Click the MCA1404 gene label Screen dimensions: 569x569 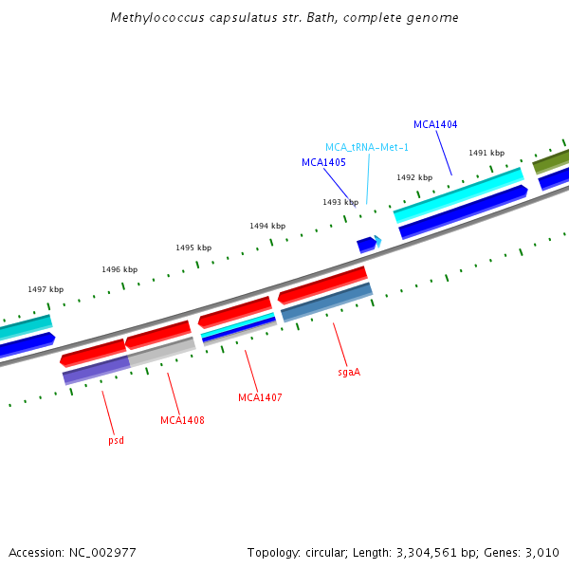[435, 124]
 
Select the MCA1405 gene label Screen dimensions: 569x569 [323, 162]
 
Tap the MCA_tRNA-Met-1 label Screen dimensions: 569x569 [367, 147]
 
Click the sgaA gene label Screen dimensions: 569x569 [349, 373]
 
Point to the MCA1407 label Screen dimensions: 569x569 [260, 397]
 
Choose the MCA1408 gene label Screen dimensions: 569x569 [182, 420]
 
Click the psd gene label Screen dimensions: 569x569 [116, 440]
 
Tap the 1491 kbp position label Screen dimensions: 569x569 [486, 153]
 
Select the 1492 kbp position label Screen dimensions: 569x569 [414, 177]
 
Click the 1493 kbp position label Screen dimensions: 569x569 [340, 202]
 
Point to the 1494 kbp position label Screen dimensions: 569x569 [267, 226]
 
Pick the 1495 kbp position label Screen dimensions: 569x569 [193, 248]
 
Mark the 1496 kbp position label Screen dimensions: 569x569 [119, 269]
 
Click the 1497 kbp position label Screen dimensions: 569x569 [46, 289]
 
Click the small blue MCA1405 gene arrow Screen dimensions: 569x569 [365, 245]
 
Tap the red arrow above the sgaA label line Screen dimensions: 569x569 [321, 284]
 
